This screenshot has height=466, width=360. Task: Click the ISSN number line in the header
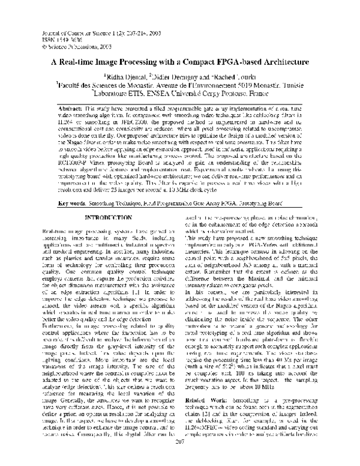pos(51,33)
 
